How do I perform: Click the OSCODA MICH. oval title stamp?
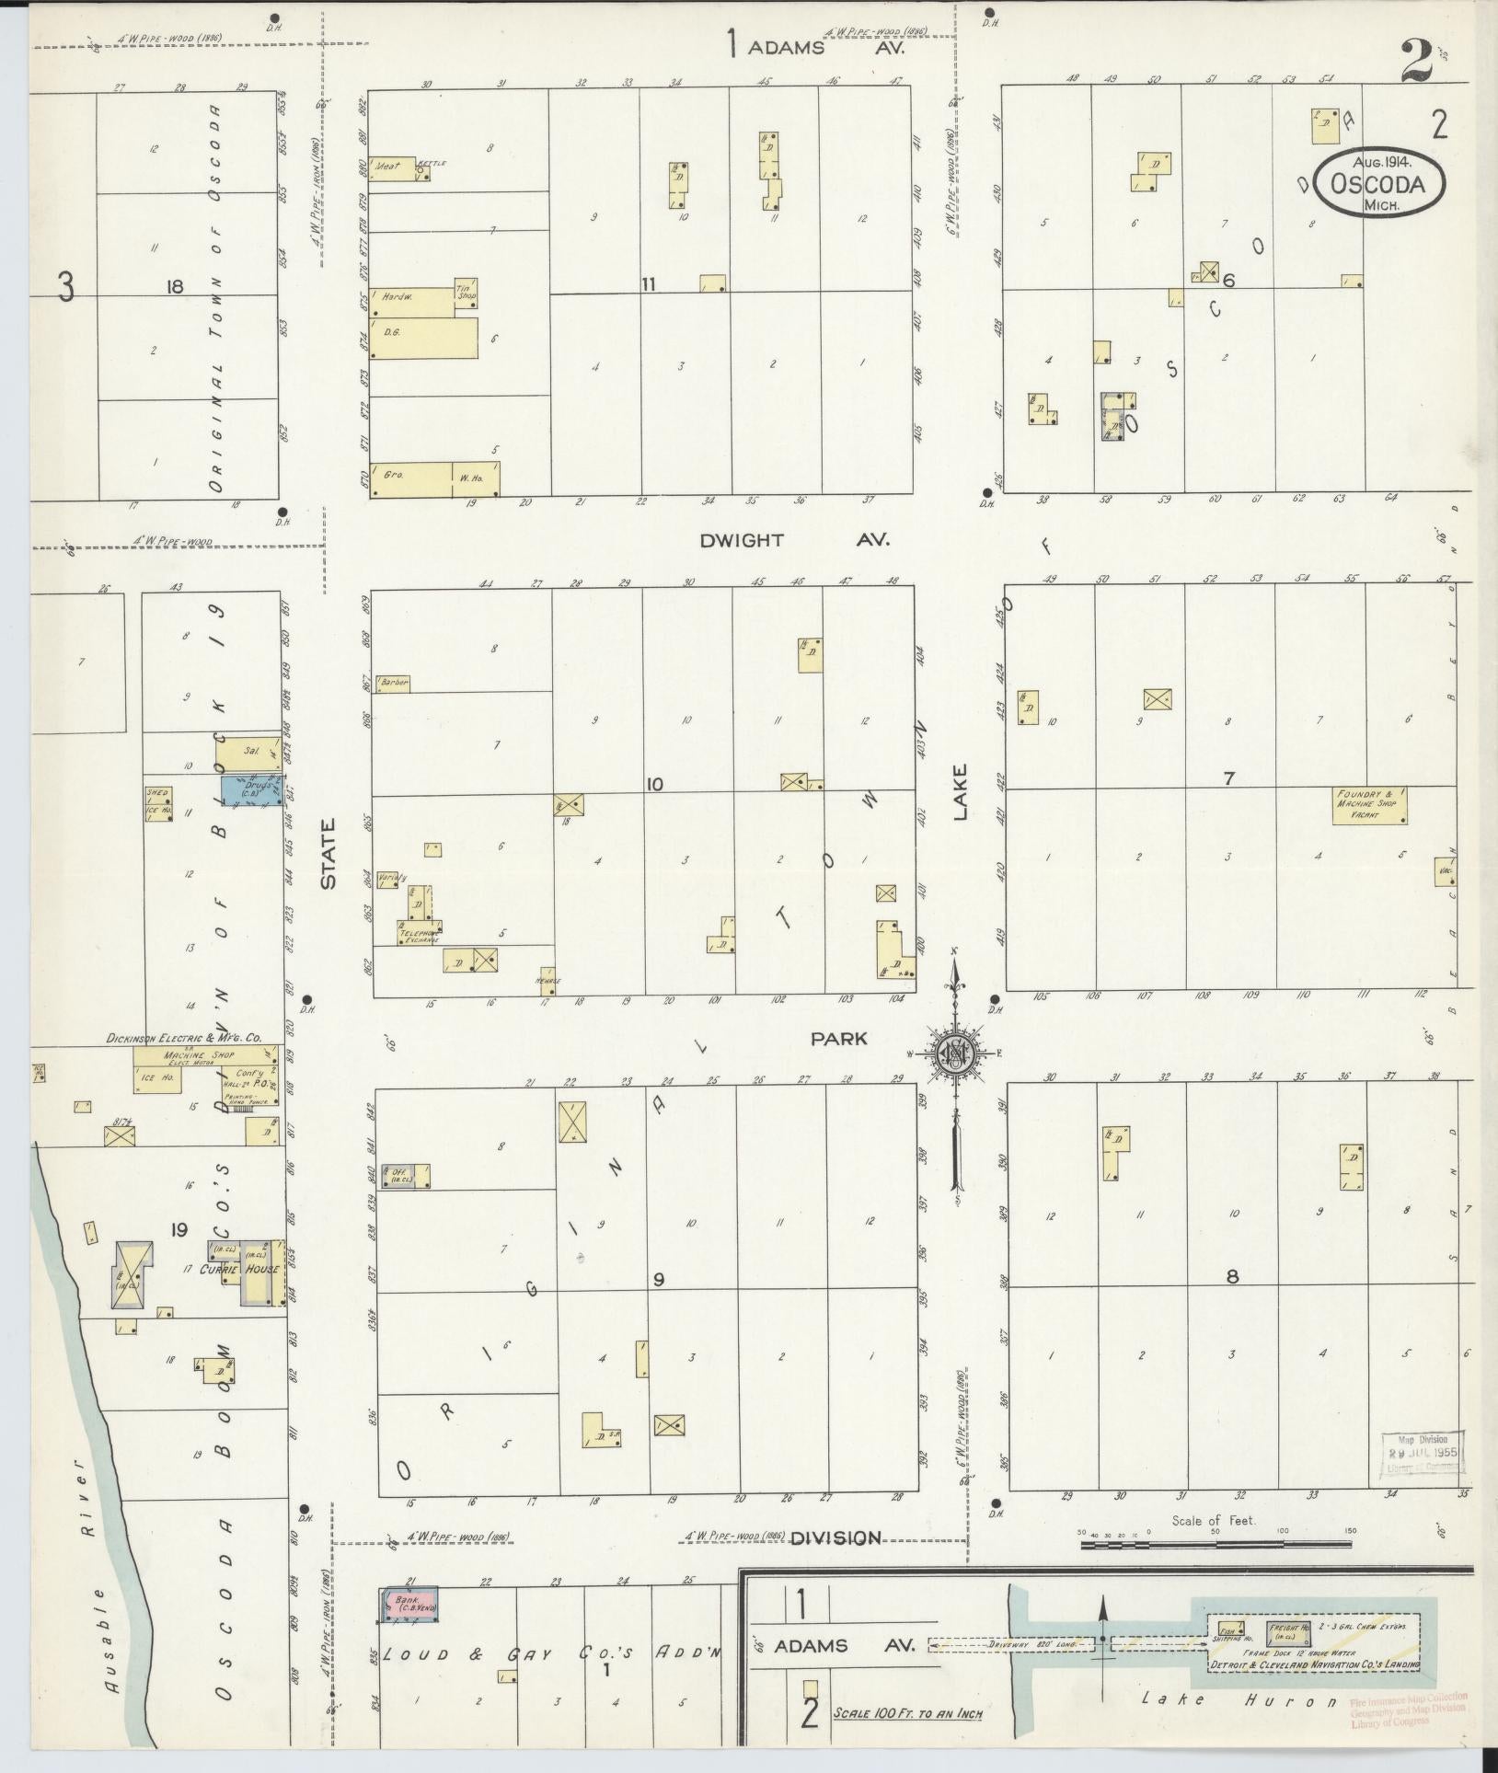click(1377, 184)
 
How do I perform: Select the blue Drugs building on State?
click(250, 789)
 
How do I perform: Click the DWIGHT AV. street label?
click(793, 540)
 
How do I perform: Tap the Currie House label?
click(241, 1270)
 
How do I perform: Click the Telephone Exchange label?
click(419, 937)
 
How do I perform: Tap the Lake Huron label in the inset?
click(1239, 1699)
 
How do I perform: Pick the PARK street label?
click(838, 1038)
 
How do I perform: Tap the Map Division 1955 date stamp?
click(1422, 1453)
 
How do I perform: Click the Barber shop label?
click(390, 684)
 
